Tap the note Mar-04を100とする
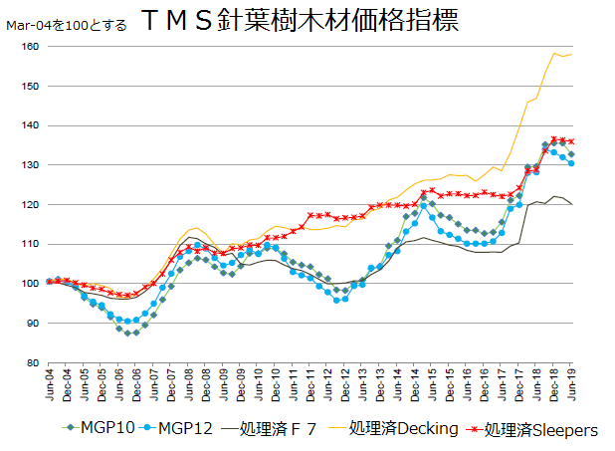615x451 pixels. [x=67, y=25]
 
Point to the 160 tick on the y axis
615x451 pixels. [x=31, y=47]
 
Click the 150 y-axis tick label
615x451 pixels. [x=31, y=87]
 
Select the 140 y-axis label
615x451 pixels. [x=31, y=126]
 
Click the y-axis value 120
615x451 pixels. [x=31, y=205]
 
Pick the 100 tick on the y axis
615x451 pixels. [x=31, y=284]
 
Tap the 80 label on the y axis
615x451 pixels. [x=34, y=363]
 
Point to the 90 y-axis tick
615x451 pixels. [x=34, y=324]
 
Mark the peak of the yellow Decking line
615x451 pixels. [x=553, y=53]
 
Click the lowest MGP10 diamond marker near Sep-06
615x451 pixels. [x=127, y=333]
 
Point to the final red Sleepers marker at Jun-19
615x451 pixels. [x=570, y=141]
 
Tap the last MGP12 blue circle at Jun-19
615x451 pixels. [x=570, y=163]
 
